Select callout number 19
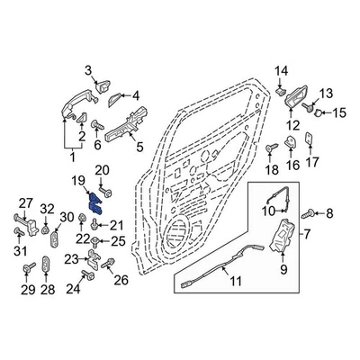click(80, 182)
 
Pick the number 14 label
click(280, 71)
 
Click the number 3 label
click(88, 71)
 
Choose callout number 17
click(311, 163)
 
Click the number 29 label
click(26, 290)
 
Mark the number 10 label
click(265, 211)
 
